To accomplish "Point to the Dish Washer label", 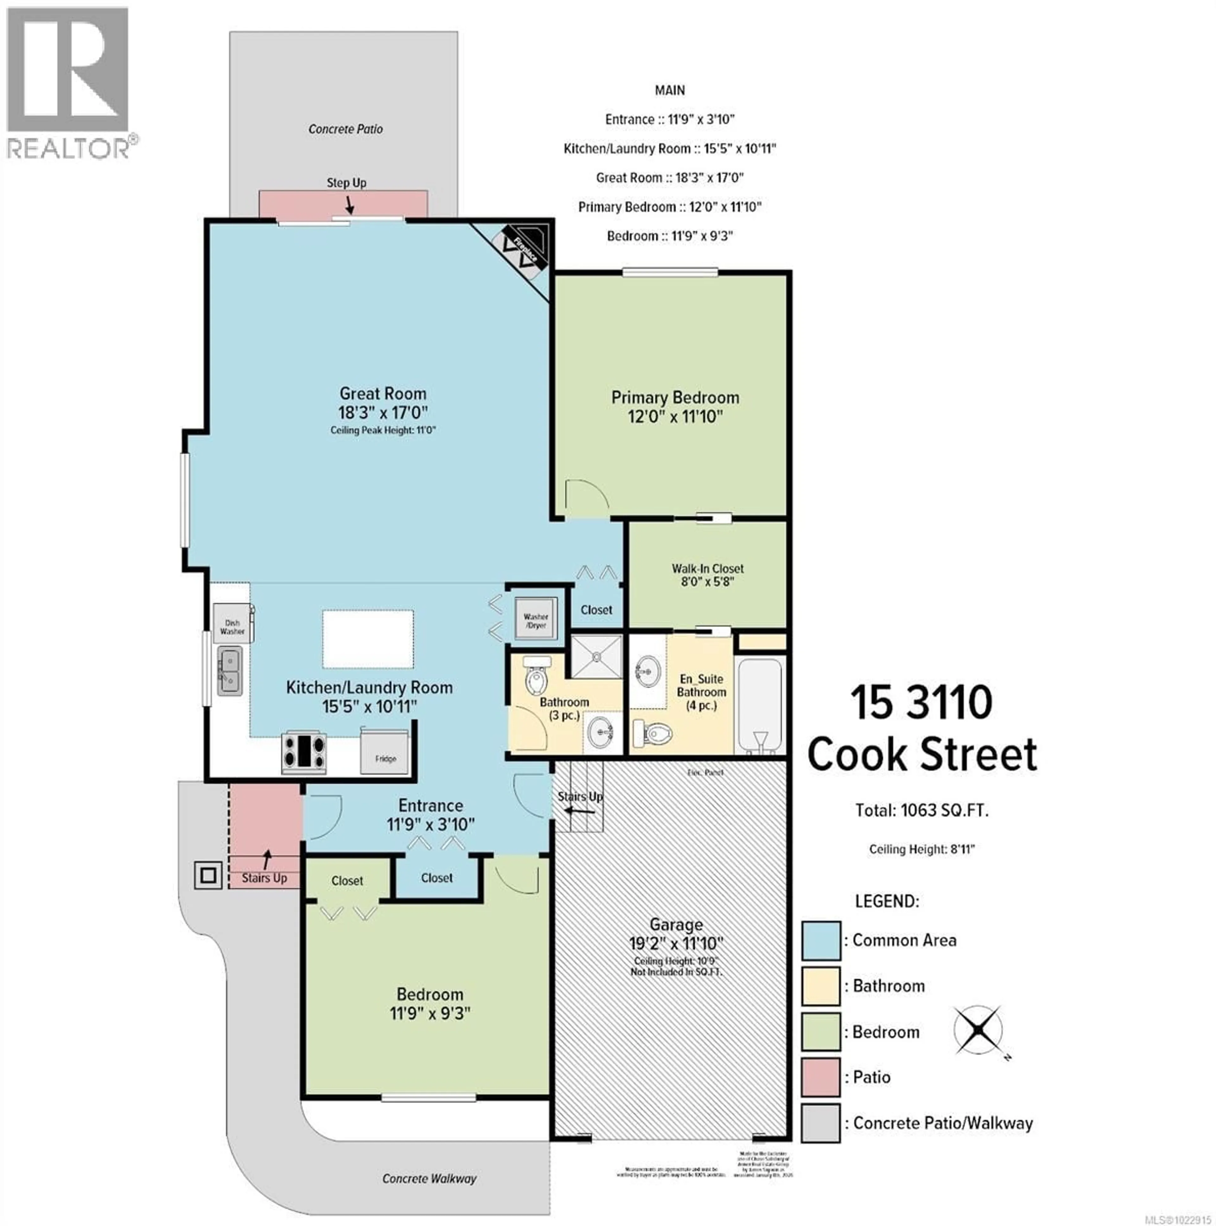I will point(232,627).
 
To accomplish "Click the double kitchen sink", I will point(229,671).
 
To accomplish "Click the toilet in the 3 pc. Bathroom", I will point(536,676).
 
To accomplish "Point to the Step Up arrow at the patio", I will point(349,205).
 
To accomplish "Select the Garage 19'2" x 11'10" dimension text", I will point(676,943).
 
